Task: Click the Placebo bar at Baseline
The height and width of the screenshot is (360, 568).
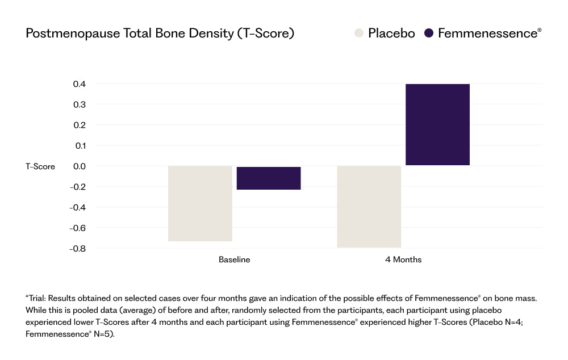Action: (x=200, y=203)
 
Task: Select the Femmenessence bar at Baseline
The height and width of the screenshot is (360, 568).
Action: (x=269, y=178)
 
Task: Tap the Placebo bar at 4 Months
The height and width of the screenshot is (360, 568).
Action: (x=369, y=207)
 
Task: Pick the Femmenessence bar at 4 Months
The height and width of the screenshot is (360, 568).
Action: (x=437, y=124)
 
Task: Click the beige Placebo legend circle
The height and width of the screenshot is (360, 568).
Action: (x=358, y=34)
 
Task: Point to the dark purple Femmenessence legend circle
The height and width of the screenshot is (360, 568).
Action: (x=429, y=34)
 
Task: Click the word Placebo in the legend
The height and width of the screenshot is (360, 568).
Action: (x=391, y=34)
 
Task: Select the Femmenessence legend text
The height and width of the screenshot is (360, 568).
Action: (x=490, y=34)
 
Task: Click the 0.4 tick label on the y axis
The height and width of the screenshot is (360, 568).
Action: (x=80, y=84)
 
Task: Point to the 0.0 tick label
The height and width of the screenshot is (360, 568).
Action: (x=80, y=166)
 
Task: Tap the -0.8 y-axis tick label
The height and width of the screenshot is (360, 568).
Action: (x=77, y=249)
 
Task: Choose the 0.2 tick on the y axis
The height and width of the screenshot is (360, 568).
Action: (x=80, y=125)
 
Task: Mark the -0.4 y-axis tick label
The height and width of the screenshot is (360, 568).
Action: (x=77, y=207)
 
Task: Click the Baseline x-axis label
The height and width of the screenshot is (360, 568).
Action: (x=235, y=259)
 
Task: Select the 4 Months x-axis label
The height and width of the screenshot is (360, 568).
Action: (x=403, y=259)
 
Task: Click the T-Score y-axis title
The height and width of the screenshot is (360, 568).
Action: (x=40, y=166)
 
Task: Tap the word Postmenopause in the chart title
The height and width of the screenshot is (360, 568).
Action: (x=73, y=34)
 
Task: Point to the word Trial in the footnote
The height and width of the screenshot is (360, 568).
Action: (x=36, y=299)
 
